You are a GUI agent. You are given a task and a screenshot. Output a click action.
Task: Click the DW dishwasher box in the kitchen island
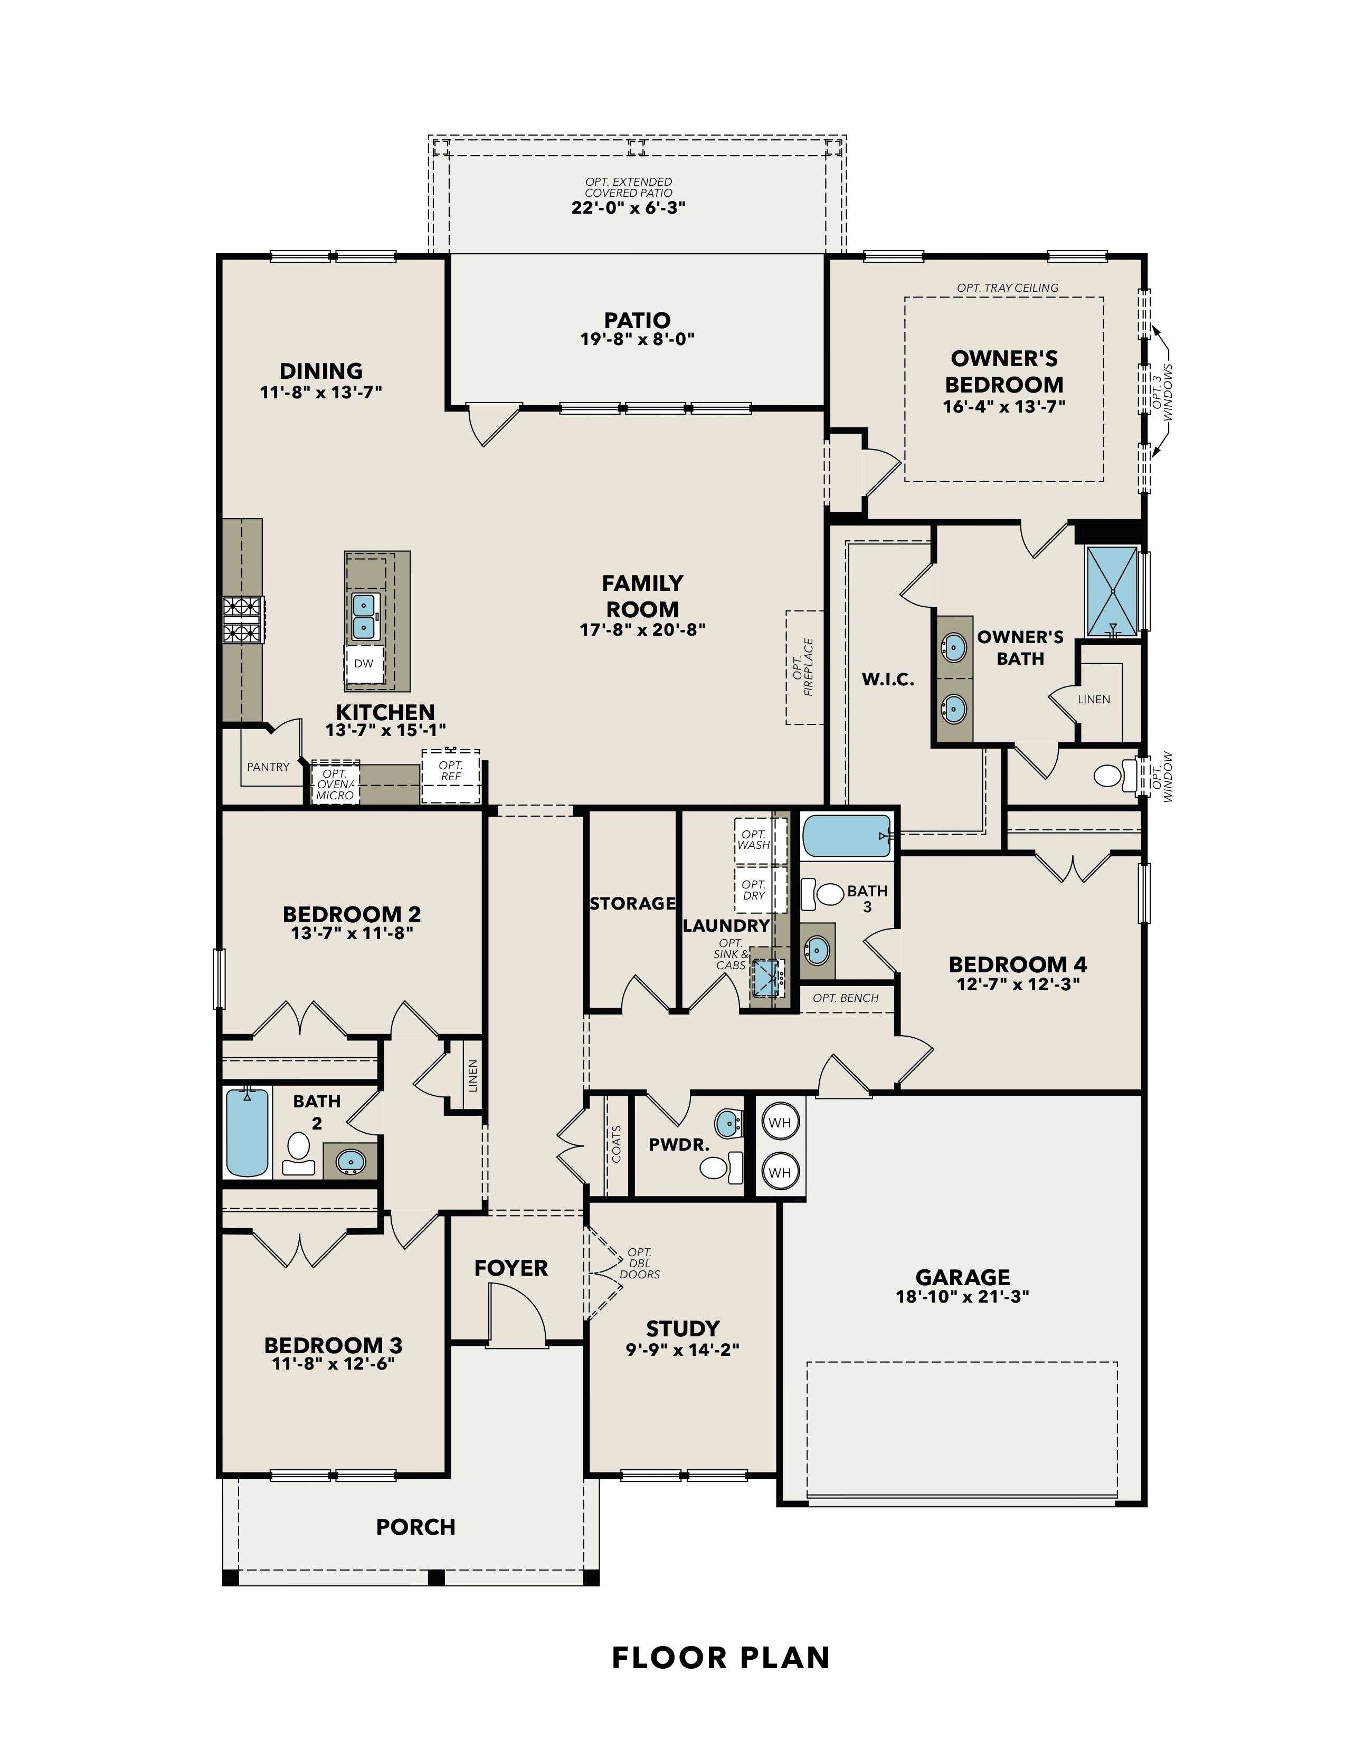pyautogui.click(x=364, y=663)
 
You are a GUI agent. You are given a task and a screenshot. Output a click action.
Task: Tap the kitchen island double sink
pyautogui.click(x=364, y=616)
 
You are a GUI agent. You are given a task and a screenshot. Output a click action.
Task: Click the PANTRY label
pyautogui.click(x=268, y=767)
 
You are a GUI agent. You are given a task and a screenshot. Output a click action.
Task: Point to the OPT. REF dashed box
pyautogui.click(x=451, y=775)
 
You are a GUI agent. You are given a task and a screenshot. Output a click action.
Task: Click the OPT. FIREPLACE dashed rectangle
pyautogui.click(x=804, y=667)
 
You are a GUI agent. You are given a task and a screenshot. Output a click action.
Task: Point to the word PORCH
pyautogui.click(x=415, y=1527)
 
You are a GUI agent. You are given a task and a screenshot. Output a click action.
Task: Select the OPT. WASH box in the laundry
pyautogui.click(x=754, y=839)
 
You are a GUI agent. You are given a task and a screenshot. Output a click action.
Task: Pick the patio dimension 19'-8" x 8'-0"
pyautogui.click(x=637, y=339)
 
